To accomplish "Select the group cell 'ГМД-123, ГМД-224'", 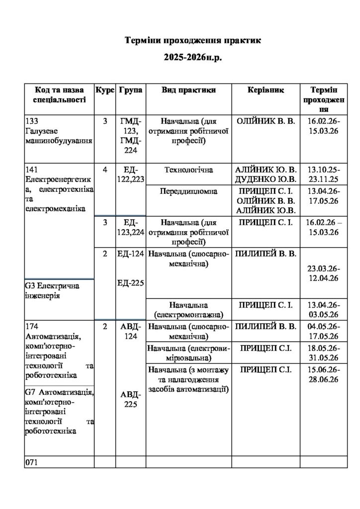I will coord(131,136).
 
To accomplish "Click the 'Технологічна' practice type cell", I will coord(188,170).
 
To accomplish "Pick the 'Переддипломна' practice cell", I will coord(188,191).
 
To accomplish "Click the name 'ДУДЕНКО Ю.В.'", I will coord(266,179).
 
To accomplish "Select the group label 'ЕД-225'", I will coord(131,283).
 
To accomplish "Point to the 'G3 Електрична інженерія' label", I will coord(52,291).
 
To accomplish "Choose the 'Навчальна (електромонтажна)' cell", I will coord(188,309).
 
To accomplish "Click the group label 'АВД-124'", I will coord(131,331).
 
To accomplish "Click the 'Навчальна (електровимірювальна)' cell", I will coord(188,352).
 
